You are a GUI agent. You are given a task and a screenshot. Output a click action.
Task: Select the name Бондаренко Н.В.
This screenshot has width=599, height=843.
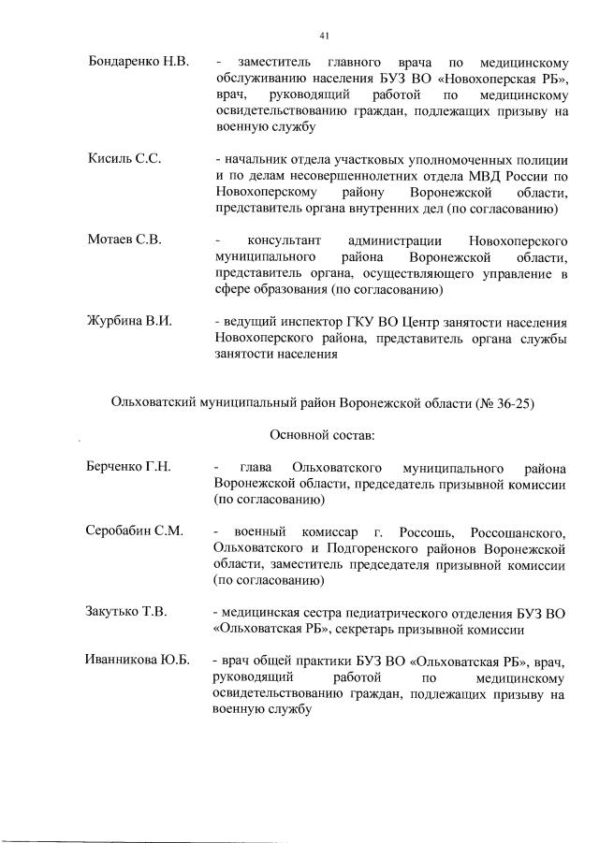pyautogui.click(x=138, y=61)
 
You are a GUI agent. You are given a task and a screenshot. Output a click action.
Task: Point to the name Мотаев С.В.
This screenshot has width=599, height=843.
pyautogui.click(x=124, y=239)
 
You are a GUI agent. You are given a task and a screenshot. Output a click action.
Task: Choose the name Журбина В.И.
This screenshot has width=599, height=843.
pyautogui.click(x=130, y=321)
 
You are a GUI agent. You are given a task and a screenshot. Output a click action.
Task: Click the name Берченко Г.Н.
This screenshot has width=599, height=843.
pyautogui.click(x=128, y=467)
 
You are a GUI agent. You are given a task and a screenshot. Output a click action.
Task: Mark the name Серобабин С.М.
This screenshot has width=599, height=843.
pyautogui.click(x=134, y=531)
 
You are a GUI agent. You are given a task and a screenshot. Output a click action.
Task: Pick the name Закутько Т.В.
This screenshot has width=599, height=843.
pyautogui.click(x=126, y=613)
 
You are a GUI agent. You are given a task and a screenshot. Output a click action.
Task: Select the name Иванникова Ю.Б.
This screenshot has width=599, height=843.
pyautogui.click(x=138, y=661)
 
